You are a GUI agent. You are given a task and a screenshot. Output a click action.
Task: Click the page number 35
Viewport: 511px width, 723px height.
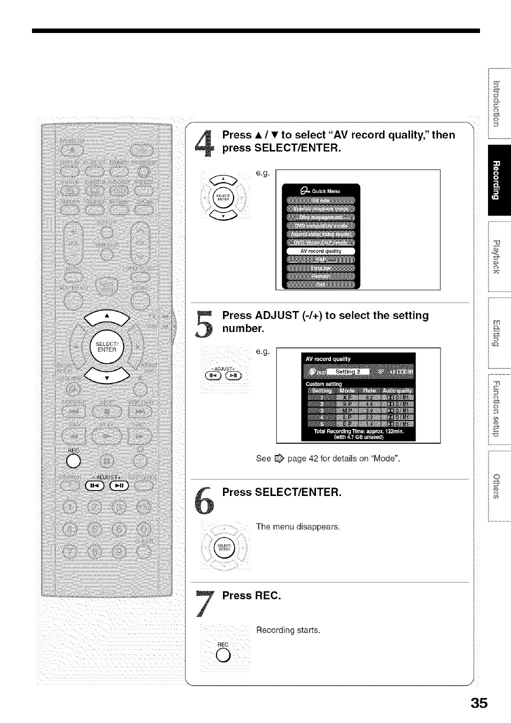point(478,702)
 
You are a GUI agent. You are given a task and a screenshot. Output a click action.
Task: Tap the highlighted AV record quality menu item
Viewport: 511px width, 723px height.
point(320,251)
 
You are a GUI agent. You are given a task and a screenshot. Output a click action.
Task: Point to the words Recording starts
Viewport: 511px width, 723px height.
point(287,630)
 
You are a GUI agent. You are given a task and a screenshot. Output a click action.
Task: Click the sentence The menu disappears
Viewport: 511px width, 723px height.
point(297,526)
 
